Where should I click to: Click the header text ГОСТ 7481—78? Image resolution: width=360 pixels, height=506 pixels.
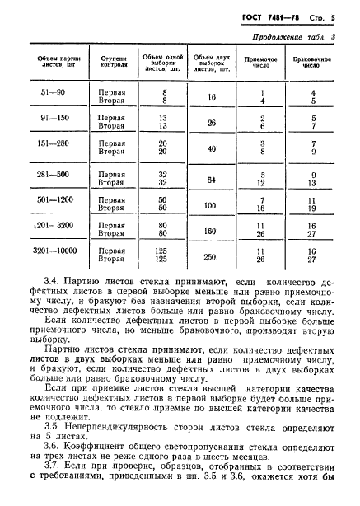[x=283, y=16]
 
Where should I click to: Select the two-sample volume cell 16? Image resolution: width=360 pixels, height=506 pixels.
[x=211, y=97]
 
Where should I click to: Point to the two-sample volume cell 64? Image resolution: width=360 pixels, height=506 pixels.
[x=211, y=179]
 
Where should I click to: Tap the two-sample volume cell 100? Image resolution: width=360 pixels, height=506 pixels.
[x=211, y=204]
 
